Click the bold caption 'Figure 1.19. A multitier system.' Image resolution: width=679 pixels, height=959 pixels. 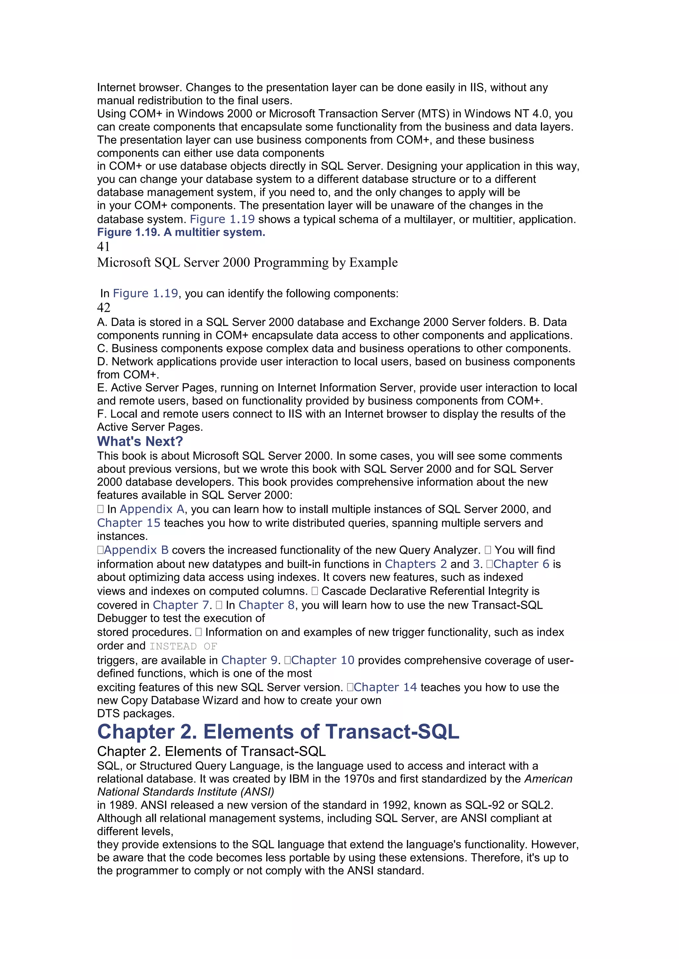pos(181,232)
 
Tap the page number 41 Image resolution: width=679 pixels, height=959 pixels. pos(103,247)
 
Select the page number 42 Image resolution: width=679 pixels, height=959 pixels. pos(104,308)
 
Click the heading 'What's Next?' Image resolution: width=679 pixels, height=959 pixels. pos(140,441)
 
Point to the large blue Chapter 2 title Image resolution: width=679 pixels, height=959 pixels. pos(278,732)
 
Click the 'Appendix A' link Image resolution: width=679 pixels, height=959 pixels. pos(152,509)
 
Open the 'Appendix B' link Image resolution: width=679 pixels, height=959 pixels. pos(136,550)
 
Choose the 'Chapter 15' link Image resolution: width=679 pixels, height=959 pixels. pos(128,523)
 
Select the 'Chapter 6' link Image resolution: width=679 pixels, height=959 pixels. pos(521,564)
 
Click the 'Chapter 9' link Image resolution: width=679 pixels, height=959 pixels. pos(249,660)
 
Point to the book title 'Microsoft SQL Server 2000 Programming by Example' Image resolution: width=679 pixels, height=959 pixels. pos(247,262)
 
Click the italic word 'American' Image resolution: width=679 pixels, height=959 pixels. pos(548,779)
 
